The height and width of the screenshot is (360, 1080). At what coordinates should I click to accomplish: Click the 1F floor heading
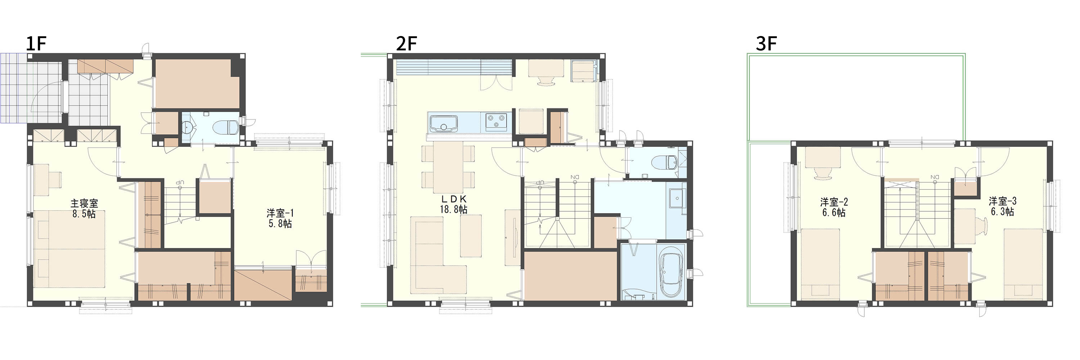coord(36,44)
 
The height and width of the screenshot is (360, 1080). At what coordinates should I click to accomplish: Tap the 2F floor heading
coord(406,44)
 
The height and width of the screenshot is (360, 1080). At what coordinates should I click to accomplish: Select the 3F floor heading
coord(766,44)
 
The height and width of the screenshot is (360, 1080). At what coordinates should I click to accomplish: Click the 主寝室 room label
coord(84,204)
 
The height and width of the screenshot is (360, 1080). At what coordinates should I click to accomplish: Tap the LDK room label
coord(454,199)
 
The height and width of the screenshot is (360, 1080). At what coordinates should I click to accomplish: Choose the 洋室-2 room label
coord(834,202)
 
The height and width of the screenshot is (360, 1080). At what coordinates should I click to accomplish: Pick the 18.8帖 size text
coord(454,209)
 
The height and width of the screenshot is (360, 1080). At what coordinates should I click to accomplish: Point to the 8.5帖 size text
coord(84,214)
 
